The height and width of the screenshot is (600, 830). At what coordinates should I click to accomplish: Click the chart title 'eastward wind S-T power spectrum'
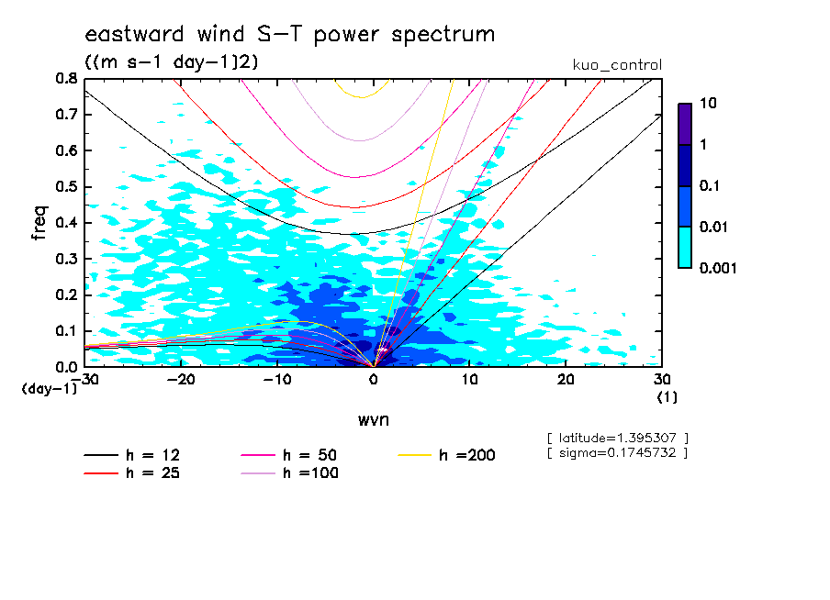(x=289, y=35)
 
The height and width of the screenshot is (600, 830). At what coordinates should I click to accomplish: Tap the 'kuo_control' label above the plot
(x=616, y=65)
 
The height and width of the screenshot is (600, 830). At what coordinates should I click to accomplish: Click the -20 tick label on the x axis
(x=181, y=380)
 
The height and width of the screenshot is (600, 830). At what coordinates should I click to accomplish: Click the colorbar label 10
(x=708, y=105)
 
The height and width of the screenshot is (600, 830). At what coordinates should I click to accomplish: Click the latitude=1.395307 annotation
(x=616, y=438)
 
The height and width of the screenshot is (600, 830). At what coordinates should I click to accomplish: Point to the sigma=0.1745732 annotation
(x=616, y=452)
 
